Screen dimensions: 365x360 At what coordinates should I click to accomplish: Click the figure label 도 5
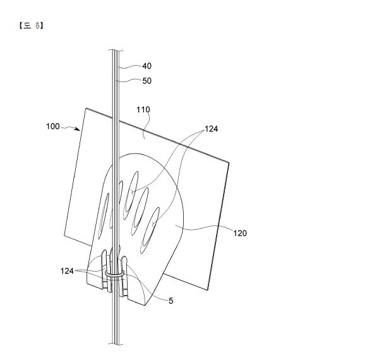click(31, 26)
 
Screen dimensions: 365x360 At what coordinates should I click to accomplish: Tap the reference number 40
click(147, 66)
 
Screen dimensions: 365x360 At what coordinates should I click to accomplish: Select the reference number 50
click(147, 81)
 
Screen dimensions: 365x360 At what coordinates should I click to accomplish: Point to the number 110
click(143, 109)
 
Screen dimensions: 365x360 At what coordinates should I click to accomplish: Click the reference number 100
click(53, 126)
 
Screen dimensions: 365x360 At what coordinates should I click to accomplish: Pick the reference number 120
click(240, 233)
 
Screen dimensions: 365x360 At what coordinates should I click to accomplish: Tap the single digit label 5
click(171, 301)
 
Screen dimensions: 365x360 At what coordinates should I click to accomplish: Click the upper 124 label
click(211, 129)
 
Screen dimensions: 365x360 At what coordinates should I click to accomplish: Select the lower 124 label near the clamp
click(67, 271)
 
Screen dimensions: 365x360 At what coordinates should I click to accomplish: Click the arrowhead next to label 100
click(78, 129)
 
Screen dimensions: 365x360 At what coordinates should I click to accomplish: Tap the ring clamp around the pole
click(114, 273)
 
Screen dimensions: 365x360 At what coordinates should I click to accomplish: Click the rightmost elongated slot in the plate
click(150, 231)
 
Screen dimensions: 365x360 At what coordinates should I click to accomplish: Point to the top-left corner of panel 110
click(87, 108)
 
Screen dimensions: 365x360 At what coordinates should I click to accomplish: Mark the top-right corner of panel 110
click(229, 162)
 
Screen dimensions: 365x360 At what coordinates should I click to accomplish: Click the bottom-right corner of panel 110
click(207, 290)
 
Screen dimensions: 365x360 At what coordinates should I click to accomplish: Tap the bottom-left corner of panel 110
click(64, 236)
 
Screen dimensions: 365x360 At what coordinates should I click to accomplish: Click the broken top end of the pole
click(115, 51)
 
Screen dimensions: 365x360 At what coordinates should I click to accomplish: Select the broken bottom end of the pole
click(115, 344)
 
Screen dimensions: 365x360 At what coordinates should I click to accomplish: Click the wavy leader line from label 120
click(204, 228)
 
